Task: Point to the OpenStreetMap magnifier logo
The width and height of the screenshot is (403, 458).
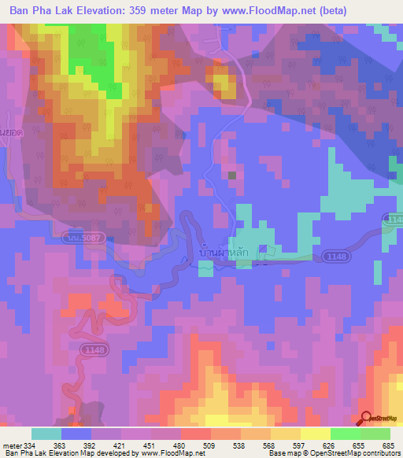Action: [365, 418]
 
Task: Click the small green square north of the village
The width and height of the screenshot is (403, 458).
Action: [231, 175]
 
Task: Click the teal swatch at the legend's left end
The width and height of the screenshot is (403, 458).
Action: [46, 433]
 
